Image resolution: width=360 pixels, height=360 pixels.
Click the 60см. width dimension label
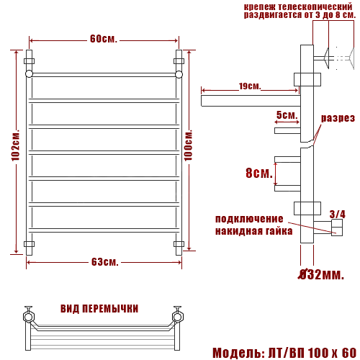point(104,38)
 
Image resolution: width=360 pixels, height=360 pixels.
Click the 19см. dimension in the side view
point(249,87)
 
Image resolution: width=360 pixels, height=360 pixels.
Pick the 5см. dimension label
point(287,115)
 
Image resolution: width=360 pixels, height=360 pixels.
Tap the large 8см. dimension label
point(259,174)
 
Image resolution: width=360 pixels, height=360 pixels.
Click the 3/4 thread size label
point(337,214)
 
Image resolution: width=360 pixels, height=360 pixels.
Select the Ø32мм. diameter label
point(323,274)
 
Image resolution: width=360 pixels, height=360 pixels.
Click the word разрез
point(338,118)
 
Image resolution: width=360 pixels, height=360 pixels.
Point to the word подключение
point(249,219)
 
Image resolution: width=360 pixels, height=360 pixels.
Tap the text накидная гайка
point(253,231)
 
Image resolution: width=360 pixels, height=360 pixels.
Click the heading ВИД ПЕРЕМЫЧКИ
point(100,308)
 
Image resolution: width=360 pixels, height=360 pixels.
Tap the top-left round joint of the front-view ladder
point(29,73)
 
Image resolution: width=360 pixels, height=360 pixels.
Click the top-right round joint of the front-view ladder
point(179,73)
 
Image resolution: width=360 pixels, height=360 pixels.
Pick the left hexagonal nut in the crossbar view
point(29,315)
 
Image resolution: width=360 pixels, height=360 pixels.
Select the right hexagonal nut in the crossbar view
point(177,315)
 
